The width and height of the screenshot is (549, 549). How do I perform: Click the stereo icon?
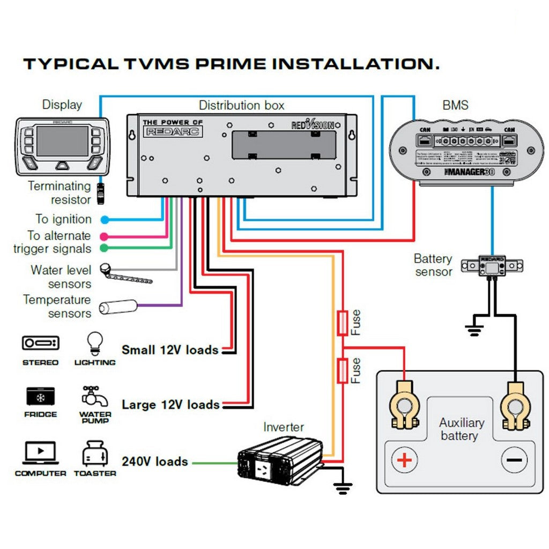(41, 343)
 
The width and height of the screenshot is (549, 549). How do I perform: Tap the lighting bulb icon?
(95, 343)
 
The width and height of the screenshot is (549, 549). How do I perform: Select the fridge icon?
(41, 396)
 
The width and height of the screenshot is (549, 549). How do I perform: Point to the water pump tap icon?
(94, 396)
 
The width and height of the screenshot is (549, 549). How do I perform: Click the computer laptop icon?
(40, 453)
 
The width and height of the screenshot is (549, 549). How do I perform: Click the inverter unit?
(280, 459)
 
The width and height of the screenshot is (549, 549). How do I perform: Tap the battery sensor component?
(492, 264)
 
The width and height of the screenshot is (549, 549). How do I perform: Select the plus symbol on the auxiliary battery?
(405, 460)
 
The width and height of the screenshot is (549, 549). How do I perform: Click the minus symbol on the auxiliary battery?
(514, 460)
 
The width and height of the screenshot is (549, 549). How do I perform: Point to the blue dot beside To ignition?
(105, 219)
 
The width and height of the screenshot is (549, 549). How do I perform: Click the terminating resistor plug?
(101, 194)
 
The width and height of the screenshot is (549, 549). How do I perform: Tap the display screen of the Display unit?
(62, 141)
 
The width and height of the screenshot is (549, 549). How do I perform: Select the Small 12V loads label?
(170, 350)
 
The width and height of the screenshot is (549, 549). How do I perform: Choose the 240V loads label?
(155, 462)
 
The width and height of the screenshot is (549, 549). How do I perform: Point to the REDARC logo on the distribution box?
(173, 131)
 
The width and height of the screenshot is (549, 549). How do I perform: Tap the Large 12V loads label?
(170, 404)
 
